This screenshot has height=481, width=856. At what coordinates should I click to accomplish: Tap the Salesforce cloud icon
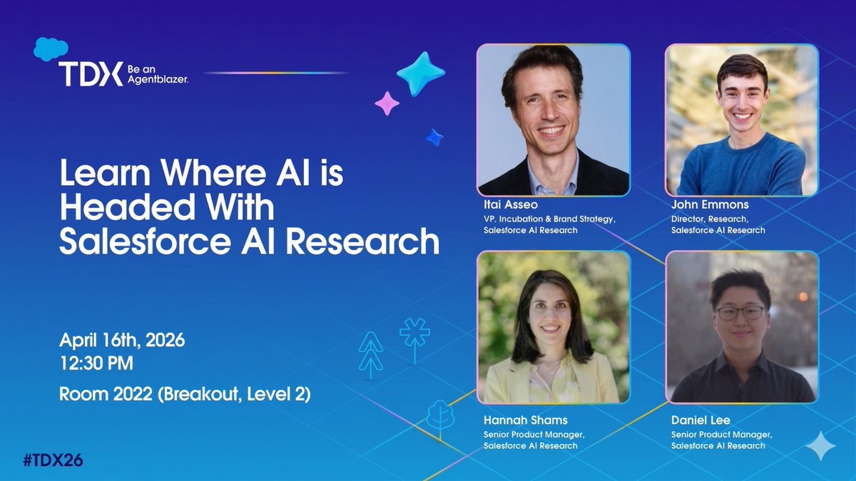(51, 48)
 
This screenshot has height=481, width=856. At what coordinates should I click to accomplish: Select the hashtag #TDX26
(53, 460)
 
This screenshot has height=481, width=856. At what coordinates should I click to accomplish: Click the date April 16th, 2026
(122, 341)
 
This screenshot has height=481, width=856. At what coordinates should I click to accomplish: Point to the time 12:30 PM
(96, 364)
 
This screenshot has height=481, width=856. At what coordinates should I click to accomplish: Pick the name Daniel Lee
(700, 420)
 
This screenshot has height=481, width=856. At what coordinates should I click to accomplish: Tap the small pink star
(387, 103)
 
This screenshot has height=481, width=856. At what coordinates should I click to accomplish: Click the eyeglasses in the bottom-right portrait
(740, 313)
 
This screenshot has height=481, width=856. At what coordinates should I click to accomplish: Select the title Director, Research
(710, 219)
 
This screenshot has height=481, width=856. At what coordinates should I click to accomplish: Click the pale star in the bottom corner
(820, 445)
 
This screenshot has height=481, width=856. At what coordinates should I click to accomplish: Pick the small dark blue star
(434, 137)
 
